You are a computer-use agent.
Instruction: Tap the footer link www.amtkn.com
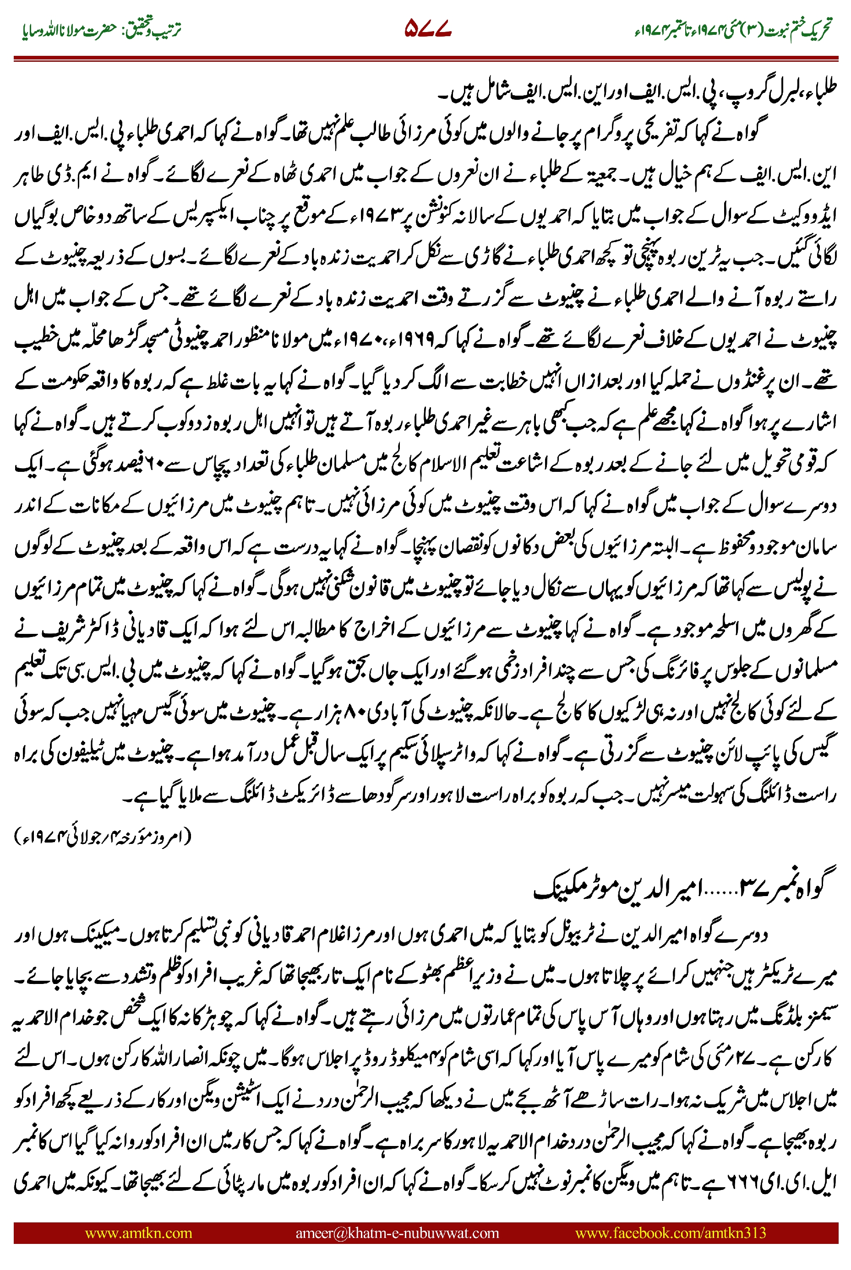[138, 1232]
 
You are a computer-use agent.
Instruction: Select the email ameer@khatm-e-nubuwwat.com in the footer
[397, 1232]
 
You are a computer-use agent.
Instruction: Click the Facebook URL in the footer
[670, 1232]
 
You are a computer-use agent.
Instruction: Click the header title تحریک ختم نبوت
[797, 30]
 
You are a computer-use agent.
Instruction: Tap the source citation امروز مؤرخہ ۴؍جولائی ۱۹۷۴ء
[103, 836]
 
